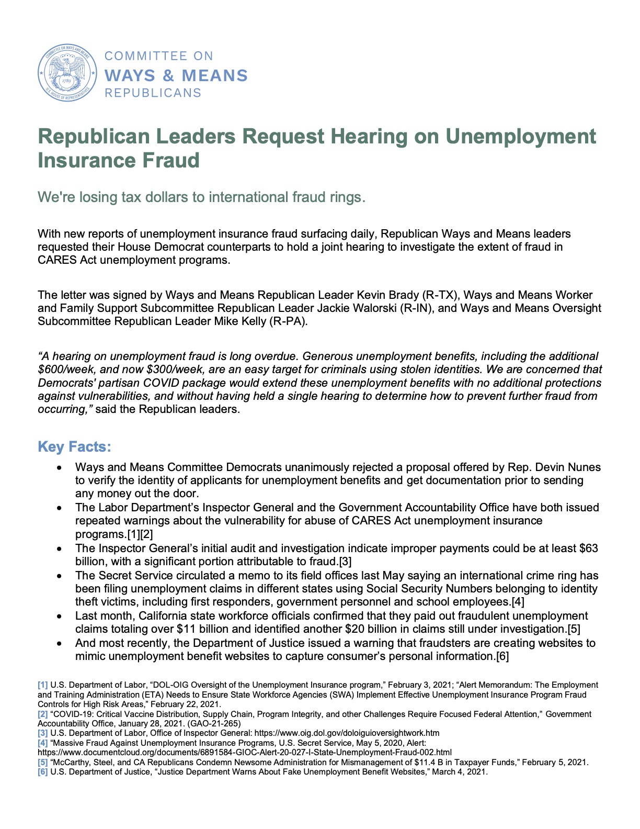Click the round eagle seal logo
[67, 73]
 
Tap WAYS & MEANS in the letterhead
[176, 75]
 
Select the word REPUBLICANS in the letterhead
[153, 93]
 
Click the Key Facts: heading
[74, 447]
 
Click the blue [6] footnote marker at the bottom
[42, 771]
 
